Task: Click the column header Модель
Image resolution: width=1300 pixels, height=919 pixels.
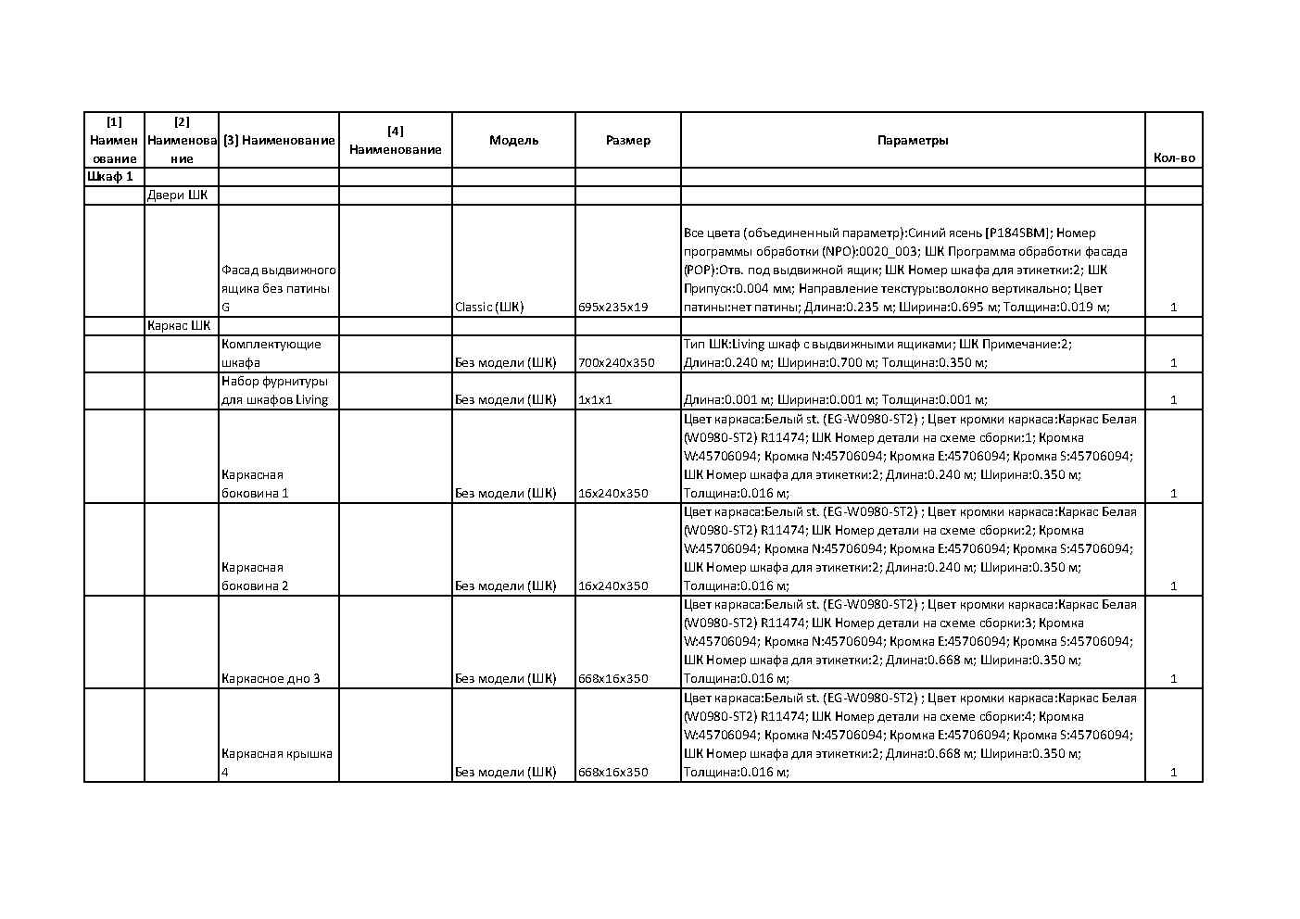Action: click(513, 140)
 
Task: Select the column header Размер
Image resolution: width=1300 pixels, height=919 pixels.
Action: click(627, 140)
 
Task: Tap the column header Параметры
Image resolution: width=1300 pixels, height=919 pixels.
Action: click(912, 140)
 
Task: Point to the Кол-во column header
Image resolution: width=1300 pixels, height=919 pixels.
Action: click(1173, 157)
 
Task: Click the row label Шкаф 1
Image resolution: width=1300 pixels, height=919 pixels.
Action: click(110, 176)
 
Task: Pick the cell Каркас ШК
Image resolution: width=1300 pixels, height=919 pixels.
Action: click(179, 325)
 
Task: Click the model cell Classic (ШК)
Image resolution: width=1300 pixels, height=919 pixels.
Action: click(489, 307)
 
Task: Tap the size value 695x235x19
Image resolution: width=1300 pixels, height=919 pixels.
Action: click(612, 307)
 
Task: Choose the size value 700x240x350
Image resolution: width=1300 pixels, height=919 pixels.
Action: click(616, 362)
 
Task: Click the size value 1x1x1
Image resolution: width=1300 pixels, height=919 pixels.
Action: click(595, 399)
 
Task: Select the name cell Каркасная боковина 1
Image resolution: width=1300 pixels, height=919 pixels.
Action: click(255, 484)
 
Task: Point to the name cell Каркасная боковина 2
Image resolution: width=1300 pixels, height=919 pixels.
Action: click(255, 576)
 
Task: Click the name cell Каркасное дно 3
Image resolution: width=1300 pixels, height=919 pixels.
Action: click(271, 678)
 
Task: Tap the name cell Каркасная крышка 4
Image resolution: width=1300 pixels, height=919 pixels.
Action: click(276, 762)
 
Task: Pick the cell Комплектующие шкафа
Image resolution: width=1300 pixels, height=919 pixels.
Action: click(271, 353)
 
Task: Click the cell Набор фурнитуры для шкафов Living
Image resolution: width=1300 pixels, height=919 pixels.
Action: click(274, 390)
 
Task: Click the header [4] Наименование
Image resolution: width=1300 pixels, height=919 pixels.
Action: click(395, 140)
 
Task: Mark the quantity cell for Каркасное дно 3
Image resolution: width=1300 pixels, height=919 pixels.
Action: click(1173, 678)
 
